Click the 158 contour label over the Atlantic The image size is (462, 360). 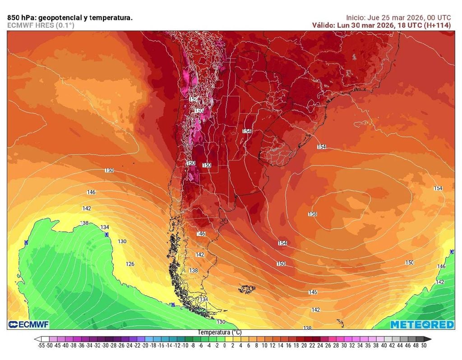coord(312,214)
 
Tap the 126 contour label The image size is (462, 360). coord(130,264)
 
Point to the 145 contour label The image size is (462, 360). coord(313,292)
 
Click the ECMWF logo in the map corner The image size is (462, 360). coord(28,324)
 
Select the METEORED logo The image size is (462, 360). coord(422,325)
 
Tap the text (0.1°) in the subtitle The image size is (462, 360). coord(65,25)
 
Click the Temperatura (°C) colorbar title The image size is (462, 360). coord(220,332)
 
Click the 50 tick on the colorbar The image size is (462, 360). coord(424,346)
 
